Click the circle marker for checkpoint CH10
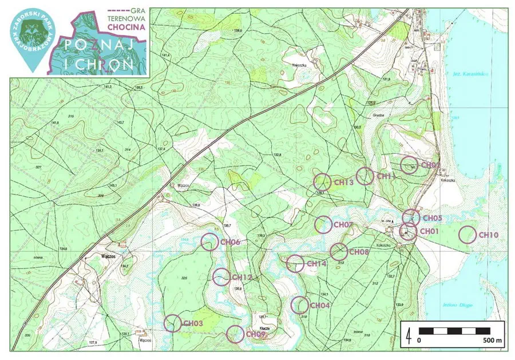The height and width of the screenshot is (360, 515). [x=468, y=234]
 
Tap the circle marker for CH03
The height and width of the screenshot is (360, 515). [x=173, y=323]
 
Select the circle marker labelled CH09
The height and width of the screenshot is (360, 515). [x=235, y=334]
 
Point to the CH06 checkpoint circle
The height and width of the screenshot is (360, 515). [x=211, y=242]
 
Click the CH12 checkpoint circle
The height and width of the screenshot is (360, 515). [x=221, y=277]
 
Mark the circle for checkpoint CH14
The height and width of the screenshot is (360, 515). [x=295, y=263]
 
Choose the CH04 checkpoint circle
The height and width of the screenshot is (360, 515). [x=300, y=305]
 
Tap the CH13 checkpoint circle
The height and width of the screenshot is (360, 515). [x=323, y=182]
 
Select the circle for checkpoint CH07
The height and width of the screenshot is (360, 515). [x=324, y=224]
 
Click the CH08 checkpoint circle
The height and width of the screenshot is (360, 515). [x=339, y=251]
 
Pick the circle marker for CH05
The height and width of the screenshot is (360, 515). [x=411, y=217]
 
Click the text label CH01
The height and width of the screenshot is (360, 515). [x=429, y=231]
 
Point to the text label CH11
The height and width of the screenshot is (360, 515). [x=387, y=177]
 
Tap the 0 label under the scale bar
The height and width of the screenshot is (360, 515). [x=419, y=341]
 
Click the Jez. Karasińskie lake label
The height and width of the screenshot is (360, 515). [x=461, y=74]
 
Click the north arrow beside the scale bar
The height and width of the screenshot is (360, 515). [x=409, y=334]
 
